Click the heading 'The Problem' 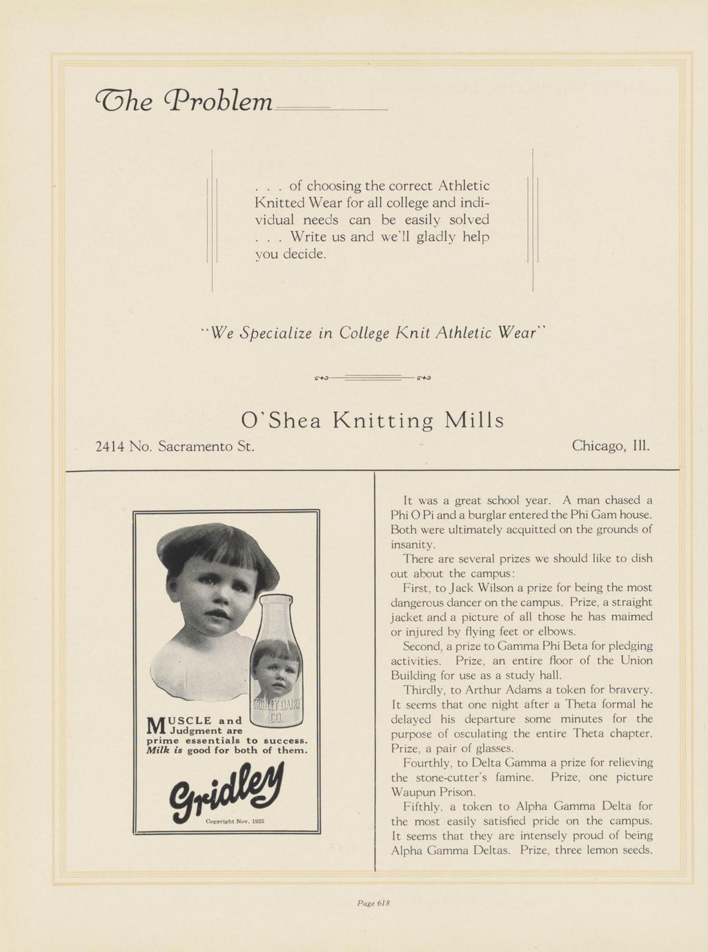pos(183,101)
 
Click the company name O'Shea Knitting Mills pos(373,420)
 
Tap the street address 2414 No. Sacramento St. pos(175,446)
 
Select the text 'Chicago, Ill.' pos(611,446)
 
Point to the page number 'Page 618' pos(374,902)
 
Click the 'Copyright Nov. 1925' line pos(235,822)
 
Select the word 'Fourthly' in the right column pos(426,762)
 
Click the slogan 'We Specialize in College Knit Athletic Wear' pos(373,333)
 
